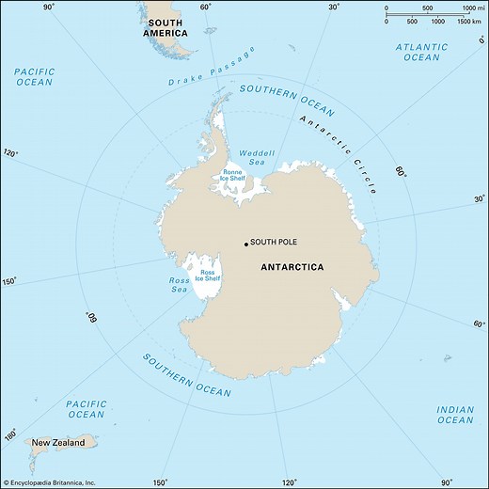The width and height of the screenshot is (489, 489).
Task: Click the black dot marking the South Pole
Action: point(246,244)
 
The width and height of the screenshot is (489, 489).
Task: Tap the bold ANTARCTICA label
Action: point(292,267)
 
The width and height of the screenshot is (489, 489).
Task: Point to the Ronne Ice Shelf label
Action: point(232,174)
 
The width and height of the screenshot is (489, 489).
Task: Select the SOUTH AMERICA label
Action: point(166,27)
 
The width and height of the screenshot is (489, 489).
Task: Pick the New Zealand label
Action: point(65,442)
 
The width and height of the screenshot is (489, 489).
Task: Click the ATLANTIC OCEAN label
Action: point(421,52)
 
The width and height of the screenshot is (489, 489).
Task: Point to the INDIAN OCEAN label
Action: point(454,415)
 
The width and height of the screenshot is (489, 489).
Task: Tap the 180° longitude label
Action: point(12,434)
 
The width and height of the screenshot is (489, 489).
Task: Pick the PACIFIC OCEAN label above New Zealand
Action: point(86,409)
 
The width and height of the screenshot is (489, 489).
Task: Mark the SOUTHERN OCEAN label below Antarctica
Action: point(185,373)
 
